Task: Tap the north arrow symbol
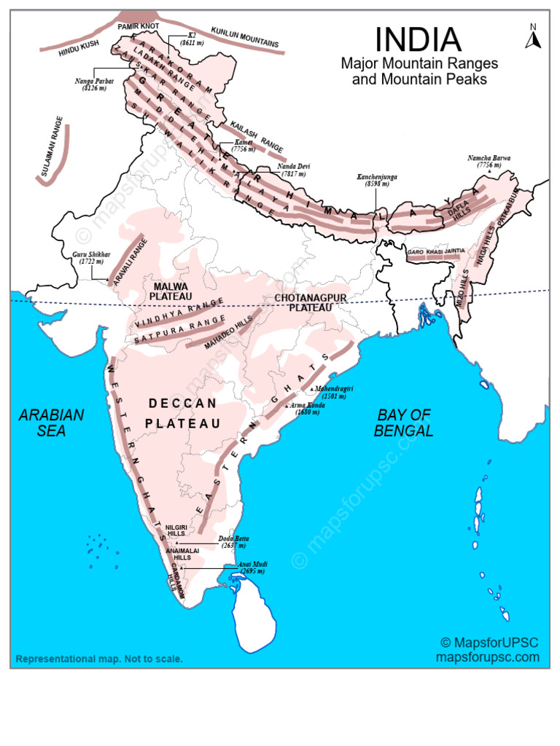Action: (x=533, y=36)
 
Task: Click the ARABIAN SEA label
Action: (x=51, y=423)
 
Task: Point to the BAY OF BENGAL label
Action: (x=404, y=423)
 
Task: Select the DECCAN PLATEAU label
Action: (x=182, y=413)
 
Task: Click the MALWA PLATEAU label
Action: (x=170, y=291)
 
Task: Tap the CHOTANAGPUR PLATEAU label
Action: (x=309, y=302)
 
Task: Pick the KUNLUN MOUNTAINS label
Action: (x=245, y=38)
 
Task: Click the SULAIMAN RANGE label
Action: (x=52, y=146)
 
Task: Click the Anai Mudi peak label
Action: (x=251, y=568)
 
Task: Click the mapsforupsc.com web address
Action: (x=488, y=656)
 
